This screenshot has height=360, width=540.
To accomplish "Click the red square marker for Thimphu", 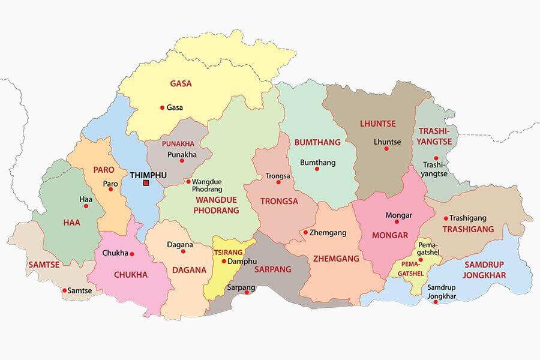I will (146, 183).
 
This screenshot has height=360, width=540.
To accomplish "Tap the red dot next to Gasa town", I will (162, 108).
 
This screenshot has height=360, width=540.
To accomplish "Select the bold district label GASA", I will (181, 84).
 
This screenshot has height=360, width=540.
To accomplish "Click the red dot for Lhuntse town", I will (386, 149).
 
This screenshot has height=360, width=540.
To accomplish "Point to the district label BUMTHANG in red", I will (317, 143).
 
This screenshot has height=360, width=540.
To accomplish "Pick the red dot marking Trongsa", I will (278, 182).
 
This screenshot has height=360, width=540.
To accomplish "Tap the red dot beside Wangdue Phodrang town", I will (188, 181).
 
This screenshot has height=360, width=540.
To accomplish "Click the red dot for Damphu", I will (224, 262).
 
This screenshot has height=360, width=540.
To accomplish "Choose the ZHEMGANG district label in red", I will (336, 259).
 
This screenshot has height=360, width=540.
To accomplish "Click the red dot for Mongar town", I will (397, 221).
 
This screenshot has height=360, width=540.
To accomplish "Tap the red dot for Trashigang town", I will (446, 218).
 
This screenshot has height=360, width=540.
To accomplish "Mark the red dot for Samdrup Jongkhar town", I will (436, 302).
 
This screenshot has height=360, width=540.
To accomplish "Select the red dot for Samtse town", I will (65, 290).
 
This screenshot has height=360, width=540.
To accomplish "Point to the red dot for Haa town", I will (86, 206).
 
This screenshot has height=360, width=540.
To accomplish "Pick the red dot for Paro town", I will (110, 190).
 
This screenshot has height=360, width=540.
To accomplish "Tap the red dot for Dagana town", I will (183, 251).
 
